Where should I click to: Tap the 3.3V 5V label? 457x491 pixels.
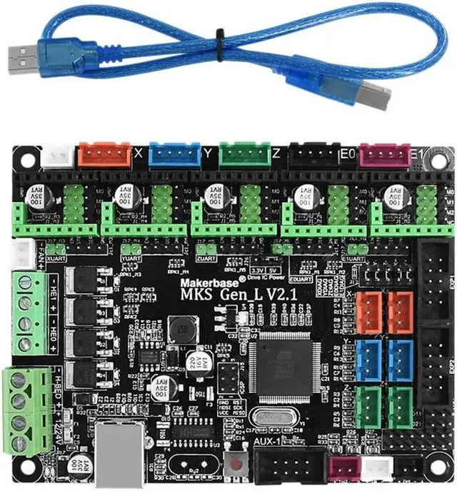[265, 271]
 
